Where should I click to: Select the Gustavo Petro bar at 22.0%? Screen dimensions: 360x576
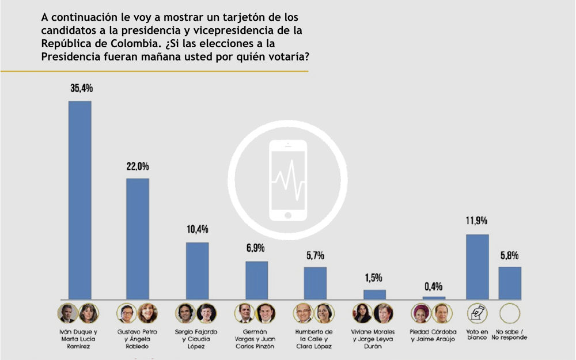(138, 238)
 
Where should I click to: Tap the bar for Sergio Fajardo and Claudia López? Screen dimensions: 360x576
(197, 270)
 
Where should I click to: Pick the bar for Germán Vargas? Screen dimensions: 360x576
(256, 280)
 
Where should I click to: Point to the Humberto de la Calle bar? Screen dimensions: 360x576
(315, 283)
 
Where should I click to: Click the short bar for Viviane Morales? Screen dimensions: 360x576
(374, 294)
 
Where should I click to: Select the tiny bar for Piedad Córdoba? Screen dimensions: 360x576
(434, 298)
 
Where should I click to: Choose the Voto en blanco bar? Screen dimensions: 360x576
(477, 267)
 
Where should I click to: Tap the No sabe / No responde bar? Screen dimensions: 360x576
(510, 283)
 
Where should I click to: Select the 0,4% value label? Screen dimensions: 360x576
(434, 286)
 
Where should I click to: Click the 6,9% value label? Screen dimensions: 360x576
(255, 248)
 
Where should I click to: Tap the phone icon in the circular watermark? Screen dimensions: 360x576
(288, 180)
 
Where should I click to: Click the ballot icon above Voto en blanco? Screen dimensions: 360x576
(477, 313)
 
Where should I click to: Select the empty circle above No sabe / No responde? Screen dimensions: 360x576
(510, 313)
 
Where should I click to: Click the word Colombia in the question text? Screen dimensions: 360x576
(122, 43)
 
